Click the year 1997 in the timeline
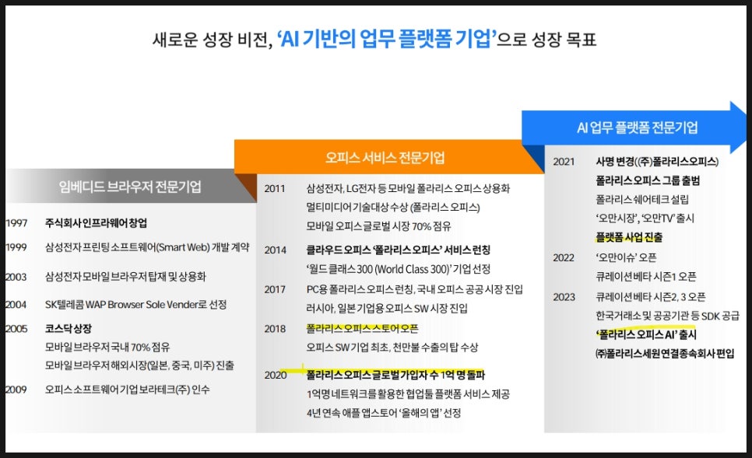point(16,222)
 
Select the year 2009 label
point(16,390)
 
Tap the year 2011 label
point(275,188)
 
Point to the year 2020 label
point(276,375)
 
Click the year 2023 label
point(564,297)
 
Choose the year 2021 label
point(564,162)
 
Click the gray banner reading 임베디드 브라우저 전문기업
point(129,186)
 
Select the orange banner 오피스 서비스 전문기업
point(385,157)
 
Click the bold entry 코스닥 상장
point(68,329)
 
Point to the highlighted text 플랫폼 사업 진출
point(629,237)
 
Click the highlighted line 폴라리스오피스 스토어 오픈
point(362,328)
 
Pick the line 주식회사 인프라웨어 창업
point(96,222)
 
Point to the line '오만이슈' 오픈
point(626,257)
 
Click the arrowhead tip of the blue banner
point(747,127)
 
